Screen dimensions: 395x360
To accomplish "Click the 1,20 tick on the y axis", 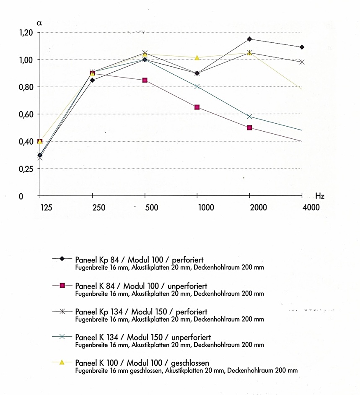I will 26,33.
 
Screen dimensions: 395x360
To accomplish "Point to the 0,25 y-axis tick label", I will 26,169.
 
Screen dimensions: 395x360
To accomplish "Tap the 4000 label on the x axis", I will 310,208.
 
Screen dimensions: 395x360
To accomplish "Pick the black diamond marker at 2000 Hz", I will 249,39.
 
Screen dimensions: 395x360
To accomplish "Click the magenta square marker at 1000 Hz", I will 197,107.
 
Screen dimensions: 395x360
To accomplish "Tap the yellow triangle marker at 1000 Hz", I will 197,57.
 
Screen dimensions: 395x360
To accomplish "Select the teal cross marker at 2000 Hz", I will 249,117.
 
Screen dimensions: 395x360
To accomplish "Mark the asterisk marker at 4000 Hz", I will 301,62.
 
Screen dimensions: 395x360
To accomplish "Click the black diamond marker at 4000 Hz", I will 302,47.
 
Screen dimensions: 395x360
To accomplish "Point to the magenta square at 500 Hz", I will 145,80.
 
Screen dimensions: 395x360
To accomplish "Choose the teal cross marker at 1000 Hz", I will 197,87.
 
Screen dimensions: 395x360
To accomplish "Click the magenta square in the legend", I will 62,285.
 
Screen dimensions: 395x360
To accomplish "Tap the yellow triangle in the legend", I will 62,362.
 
